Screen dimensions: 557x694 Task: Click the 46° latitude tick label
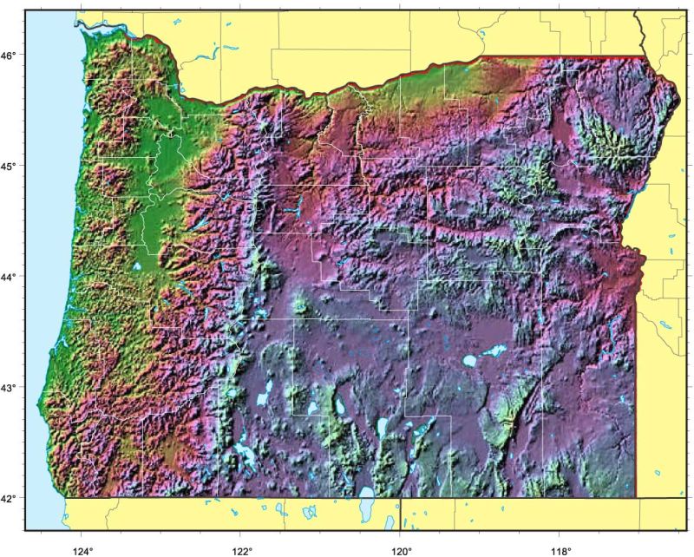point(10,56)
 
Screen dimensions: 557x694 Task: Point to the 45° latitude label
point(10,166)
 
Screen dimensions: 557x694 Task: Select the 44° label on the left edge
point(10,277)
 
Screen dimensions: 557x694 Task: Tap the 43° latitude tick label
point(10,388)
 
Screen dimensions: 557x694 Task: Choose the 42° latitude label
point(10,499)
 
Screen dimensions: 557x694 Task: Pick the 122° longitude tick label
point(242,548)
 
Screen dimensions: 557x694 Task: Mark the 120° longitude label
point(402,548)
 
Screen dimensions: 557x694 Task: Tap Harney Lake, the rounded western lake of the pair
point(469,360)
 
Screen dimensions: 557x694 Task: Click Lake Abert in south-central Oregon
point(382,427)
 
